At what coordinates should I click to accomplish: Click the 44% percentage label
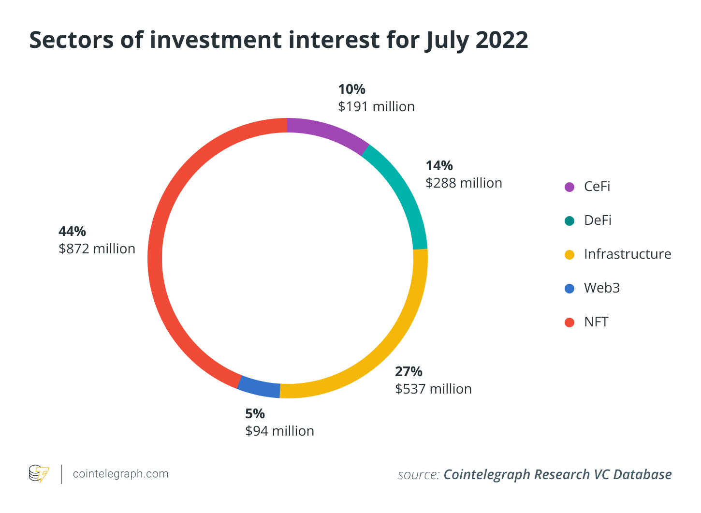pos(72,231)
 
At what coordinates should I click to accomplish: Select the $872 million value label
pos(97,249)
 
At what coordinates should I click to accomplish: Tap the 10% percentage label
pos(351,89)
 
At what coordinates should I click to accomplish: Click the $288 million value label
pos(464,183)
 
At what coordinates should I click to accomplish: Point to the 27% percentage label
pos(409,371)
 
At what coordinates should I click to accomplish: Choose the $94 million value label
pos(279,431)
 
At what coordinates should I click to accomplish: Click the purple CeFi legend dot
pos(570,187)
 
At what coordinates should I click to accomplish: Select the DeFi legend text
pos(598,220)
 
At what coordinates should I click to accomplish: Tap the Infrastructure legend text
pos(627,254)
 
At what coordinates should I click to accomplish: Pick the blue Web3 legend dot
pos(570,289)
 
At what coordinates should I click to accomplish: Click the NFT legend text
pos(596,322)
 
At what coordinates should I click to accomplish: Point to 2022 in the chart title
pos(502,40)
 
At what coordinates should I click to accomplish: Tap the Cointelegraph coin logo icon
pos(39,474)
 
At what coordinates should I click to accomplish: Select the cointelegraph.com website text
pos(120,474)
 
